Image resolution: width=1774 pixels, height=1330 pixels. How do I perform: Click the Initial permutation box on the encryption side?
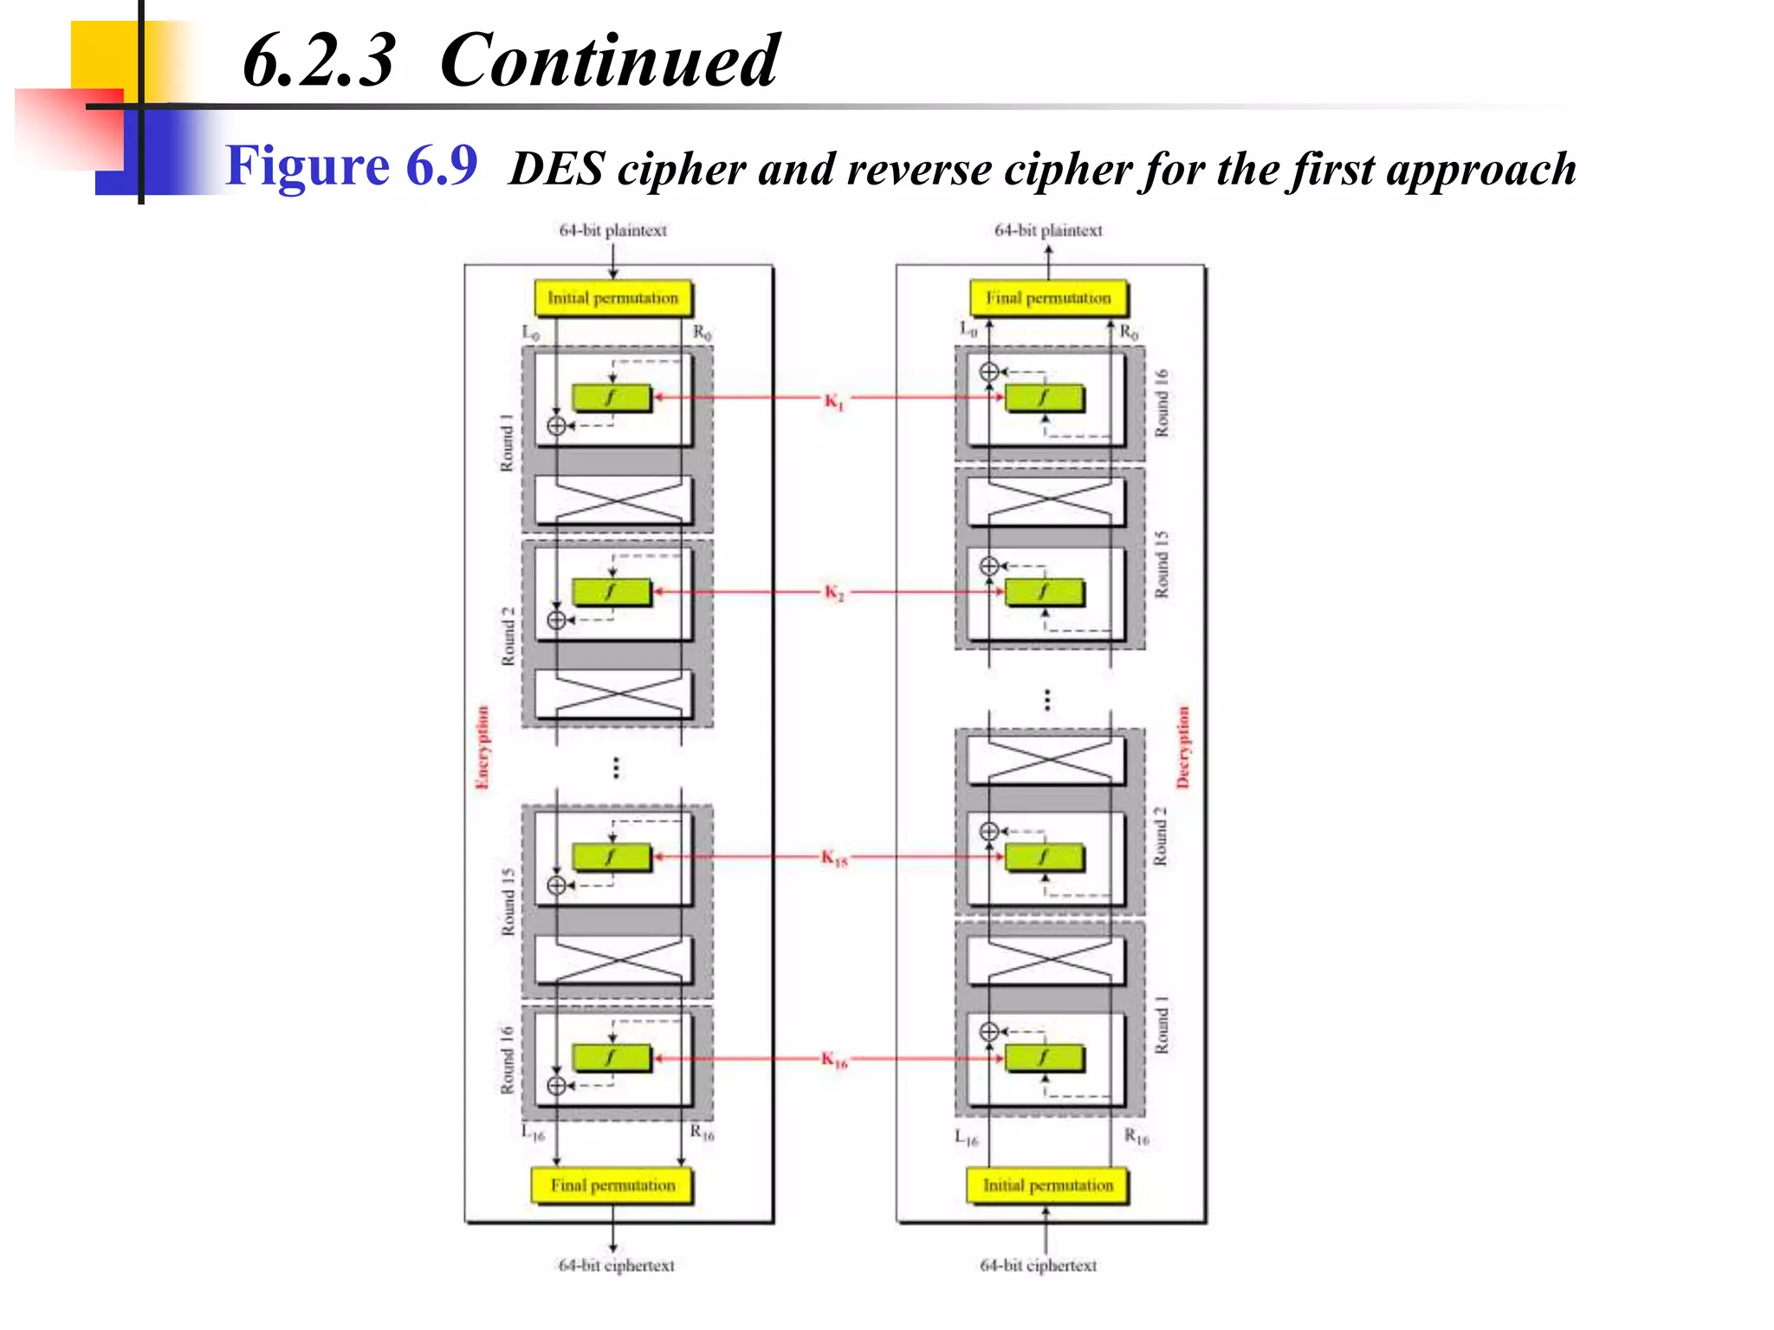pos(612,298)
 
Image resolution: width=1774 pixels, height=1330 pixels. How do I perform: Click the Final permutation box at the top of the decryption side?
pos(1048,298)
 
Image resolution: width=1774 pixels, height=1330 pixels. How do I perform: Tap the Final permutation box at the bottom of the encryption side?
pos(612,1185)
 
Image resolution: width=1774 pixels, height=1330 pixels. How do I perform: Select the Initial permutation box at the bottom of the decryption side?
pos(1047,1185)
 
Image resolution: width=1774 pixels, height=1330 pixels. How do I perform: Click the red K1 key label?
pos(833,400)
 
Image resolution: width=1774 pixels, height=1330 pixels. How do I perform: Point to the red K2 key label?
pos(833,592)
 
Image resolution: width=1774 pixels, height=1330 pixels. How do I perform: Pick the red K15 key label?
pos(834,858)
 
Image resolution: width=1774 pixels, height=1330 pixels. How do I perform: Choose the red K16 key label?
pos(834,1059)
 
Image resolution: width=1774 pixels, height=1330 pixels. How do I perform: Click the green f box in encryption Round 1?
pos(611,397)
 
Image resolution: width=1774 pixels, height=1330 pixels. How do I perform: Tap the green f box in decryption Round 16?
pos(1044,397)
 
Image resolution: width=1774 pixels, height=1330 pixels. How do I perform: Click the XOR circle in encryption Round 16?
pos(557,1086)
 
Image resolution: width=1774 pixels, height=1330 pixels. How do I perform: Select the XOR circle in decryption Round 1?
pos(989,1031)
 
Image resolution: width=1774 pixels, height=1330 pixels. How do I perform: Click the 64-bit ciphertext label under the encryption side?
pos(616,1265)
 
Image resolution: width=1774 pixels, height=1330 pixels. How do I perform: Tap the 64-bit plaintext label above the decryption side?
pos(1048,230)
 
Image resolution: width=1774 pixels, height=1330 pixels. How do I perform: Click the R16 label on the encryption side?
pos(702,1133)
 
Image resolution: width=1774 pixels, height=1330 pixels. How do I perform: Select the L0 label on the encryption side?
pos(530,332)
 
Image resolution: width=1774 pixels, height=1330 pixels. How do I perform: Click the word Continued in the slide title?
pos(609,61)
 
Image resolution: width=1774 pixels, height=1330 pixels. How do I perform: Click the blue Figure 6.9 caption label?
pos(351,165)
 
